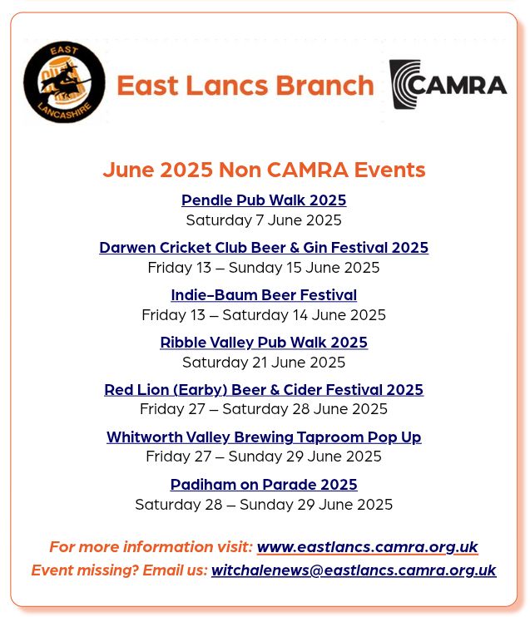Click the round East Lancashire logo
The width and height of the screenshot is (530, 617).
point(64,82)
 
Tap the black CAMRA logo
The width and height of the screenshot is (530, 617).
point(448,84)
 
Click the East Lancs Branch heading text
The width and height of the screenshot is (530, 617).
point(245,85)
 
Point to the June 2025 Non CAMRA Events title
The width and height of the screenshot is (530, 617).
point(264,170)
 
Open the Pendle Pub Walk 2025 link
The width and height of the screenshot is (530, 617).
point(264,200)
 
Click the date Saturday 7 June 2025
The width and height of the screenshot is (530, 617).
point(264,220)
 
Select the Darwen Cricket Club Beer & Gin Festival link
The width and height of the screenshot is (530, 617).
point(264,248)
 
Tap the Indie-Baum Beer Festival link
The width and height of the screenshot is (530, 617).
point(264,295)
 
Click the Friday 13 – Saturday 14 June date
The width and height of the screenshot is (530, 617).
point(264,315)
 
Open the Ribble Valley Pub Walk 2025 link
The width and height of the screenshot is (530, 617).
point(264,343)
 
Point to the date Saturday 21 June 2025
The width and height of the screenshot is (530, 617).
point(264,363)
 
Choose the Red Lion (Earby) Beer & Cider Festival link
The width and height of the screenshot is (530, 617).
point(264,390)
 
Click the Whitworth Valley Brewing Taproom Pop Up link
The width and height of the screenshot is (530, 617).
point(264,437)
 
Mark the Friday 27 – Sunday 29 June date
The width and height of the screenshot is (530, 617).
point(264,457)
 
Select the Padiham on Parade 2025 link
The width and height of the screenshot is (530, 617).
point(264,485)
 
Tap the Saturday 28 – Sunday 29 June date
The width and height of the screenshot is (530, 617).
point(264,505)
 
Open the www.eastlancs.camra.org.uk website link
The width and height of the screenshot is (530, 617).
point(367,547)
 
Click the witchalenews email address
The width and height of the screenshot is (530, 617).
point(354,570)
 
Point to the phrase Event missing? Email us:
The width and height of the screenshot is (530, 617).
point(119,570)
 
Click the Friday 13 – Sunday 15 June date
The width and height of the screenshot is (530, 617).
point(264,268)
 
